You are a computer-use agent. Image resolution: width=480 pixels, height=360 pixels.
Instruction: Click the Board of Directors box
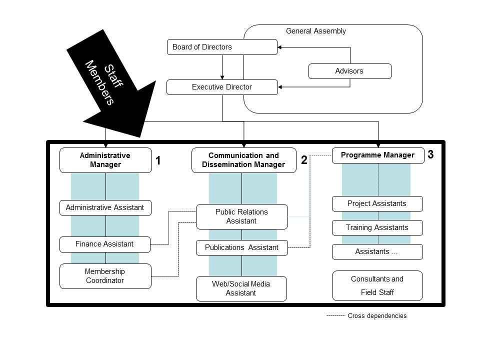[221, 47]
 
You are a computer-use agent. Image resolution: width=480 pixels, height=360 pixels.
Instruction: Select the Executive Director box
[221, 87]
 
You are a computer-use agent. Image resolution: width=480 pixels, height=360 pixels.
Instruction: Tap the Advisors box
[349, 71]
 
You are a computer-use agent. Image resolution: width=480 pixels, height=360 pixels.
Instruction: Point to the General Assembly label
[315, 31]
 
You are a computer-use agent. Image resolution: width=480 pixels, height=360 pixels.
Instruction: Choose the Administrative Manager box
[105, 160]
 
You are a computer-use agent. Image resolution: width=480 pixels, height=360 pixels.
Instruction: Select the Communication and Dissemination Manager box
[243, 160]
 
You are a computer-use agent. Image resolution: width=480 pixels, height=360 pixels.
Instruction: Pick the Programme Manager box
[377, 155]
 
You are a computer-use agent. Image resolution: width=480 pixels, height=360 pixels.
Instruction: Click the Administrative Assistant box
[105, 207]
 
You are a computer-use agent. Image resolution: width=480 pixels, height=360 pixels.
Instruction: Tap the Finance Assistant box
[104, 244]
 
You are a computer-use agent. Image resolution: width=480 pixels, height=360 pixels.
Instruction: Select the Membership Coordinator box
[105, 276]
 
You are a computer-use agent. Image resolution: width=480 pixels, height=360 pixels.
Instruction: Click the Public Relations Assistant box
[241, 216]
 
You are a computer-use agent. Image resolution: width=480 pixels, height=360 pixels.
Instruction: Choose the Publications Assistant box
[241, 247]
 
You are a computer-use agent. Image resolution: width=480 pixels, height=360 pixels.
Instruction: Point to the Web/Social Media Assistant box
[241, 288]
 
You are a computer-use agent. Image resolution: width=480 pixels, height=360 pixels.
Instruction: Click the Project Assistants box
[377, 203]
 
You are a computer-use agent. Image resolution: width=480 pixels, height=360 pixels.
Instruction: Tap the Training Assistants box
[377, 227]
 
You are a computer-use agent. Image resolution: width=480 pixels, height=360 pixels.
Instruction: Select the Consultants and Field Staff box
[377, 285]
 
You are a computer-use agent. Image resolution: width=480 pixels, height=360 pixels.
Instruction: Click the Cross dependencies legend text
[377, 316]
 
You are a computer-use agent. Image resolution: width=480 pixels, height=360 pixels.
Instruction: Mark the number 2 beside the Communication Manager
[304, 160]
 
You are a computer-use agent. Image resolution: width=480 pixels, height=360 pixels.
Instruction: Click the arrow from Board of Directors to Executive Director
[222, 67]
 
